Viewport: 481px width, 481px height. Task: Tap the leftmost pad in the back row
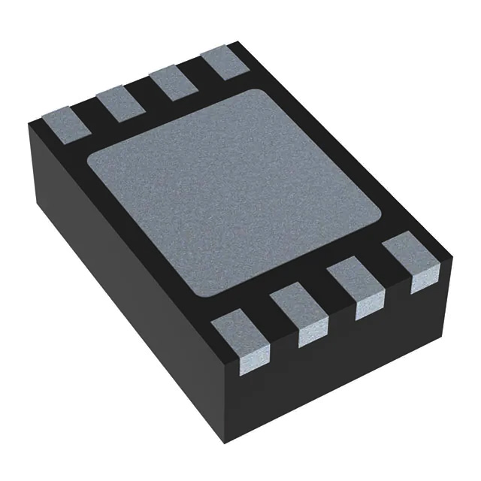coord(65,121)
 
